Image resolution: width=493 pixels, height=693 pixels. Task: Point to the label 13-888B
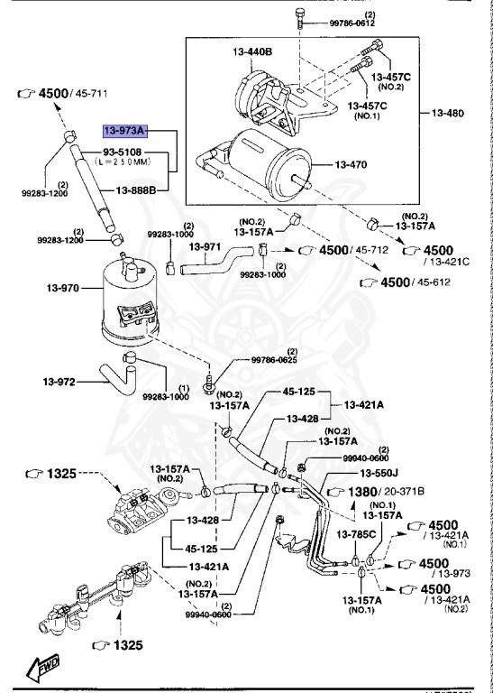coord(136,190)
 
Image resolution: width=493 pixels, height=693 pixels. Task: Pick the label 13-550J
coord(380,472)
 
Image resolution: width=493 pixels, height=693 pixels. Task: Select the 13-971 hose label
coord(209,246)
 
